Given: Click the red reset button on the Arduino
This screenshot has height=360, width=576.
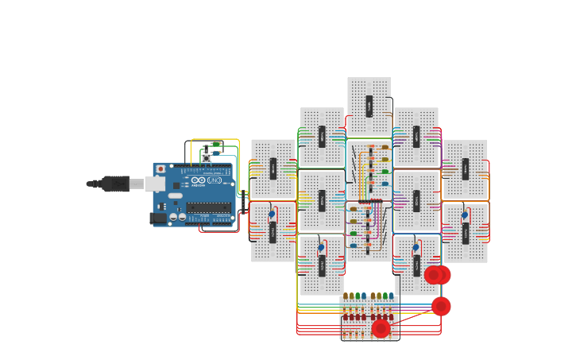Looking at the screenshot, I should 161,168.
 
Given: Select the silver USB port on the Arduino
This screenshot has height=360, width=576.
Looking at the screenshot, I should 155,184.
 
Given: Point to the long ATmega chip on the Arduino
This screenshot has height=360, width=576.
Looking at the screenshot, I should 208,207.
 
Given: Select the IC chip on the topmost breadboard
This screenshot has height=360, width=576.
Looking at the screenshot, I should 369,106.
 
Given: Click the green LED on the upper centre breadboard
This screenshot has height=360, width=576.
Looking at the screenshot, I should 385,171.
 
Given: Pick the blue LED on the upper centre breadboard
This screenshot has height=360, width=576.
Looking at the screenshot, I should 385,183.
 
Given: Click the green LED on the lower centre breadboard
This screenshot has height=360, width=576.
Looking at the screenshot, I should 354,234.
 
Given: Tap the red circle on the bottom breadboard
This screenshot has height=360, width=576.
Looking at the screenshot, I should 381,328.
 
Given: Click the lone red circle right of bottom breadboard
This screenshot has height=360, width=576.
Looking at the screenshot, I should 441,306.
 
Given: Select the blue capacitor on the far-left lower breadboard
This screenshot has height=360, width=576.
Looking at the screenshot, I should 272,214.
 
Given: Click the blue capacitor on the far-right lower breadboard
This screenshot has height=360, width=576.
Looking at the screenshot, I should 465,215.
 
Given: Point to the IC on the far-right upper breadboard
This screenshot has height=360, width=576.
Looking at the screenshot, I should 465,168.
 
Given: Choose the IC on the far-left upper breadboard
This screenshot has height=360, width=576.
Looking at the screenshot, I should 273,168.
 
